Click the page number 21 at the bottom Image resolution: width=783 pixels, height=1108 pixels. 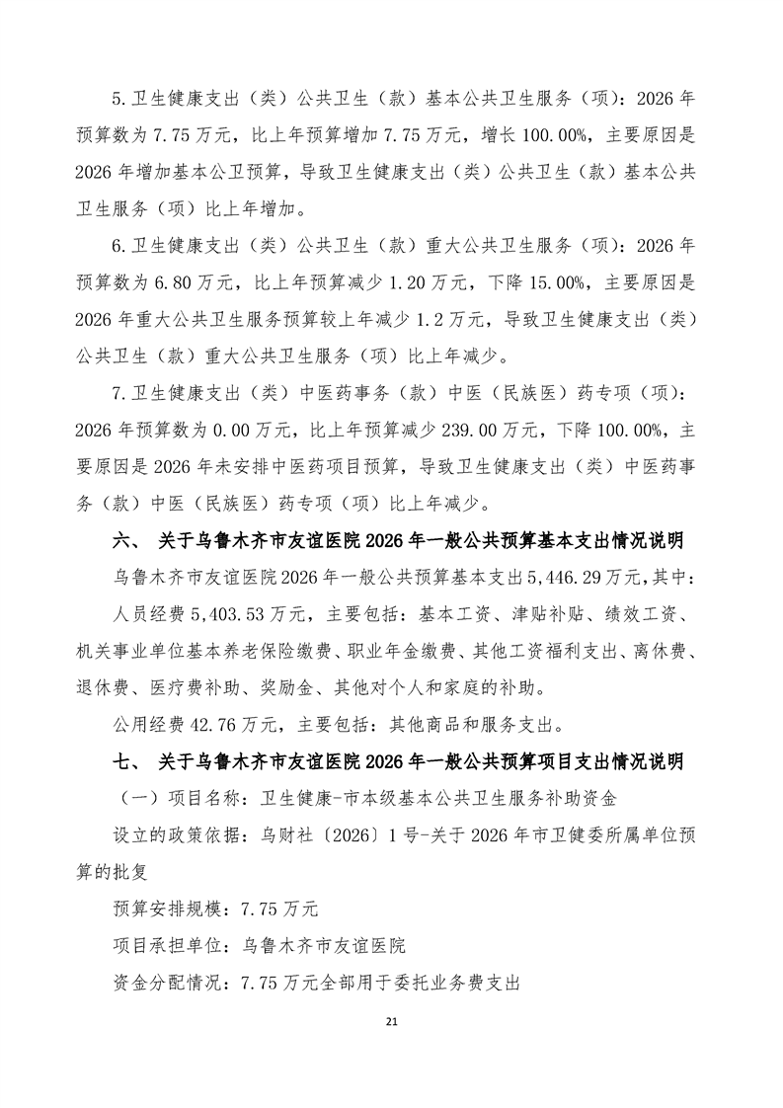(x=391, y=1020)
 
